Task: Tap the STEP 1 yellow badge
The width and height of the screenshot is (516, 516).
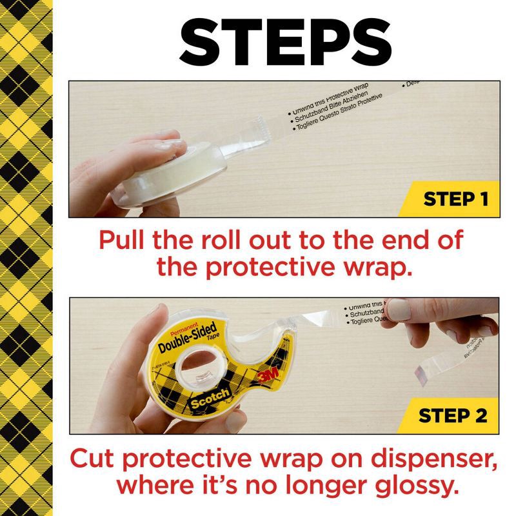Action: (454, 199)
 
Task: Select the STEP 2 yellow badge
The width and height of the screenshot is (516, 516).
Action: (454, 415)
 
